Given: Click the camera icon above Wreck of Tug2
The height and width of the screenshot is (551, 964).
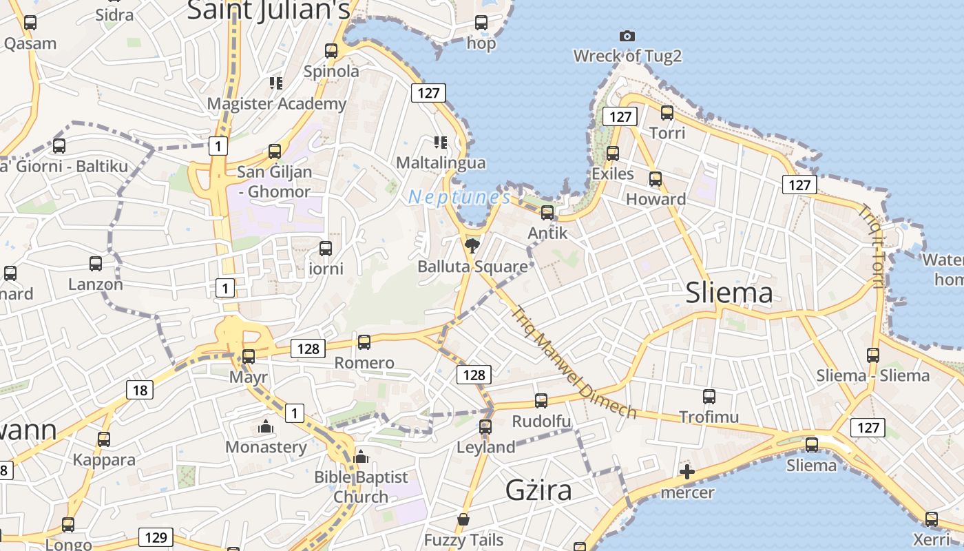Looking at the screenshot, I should coord(627,36).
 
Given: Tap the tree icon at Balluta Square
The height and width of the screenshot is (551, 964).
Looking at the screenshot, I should coord(472,245).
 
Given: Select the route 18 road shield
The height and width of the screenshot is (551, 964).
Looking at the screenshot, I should coord(140,391).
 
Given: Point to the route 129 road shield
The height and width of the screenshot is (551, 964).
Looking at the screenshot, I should coord(156,537).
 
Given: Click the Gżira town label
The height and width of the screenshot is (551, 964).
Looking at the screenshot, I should coord(538,490).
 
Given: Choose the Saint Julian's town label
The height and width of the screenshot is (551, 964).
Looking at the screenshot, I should coord(269,10).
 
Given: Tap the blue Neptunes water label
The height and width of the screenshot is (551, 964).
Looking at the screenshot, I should coord(459,198).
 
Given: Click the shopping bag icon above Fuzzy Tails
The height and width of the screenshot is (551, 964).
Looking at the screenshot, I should coord(463,519).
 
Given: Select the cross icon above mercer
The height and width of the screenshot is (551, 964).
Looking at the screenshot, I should coord(687,472).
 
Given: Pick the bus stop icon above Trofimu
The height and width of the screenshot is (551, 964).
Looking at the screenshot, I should coord(709,397).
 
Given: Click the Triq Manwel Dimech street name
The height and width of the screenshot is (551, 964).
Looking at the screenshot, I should coord(573,362).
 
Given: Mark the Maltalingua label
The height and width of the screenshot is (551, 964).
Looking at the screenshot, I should coord(441,163).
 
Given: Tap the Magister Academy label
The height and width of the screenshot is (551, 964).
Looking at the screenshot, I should coord(277,104).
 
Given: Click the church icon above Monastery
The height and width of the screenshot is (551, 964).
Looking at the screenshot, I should coord(266,427).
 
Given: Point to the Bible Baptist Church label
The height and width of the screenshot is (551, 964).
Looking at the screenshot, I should coord(361,486).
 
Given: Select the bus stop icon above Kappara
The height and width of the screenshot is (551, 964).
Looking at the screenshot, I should coord(104,439).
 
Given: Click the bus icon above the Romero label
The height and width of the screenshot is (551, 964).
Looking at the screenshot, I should coord(364,342).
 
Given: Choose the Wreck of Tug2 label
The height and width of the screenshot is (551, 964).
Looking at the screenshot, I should coord(627,56).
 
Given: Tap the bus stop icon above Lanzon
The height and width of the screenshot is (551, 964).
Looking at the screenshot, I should coord(96,263).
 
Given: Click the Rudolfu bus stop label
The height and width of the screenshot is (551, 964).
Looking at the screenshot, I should coord(541,421).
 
